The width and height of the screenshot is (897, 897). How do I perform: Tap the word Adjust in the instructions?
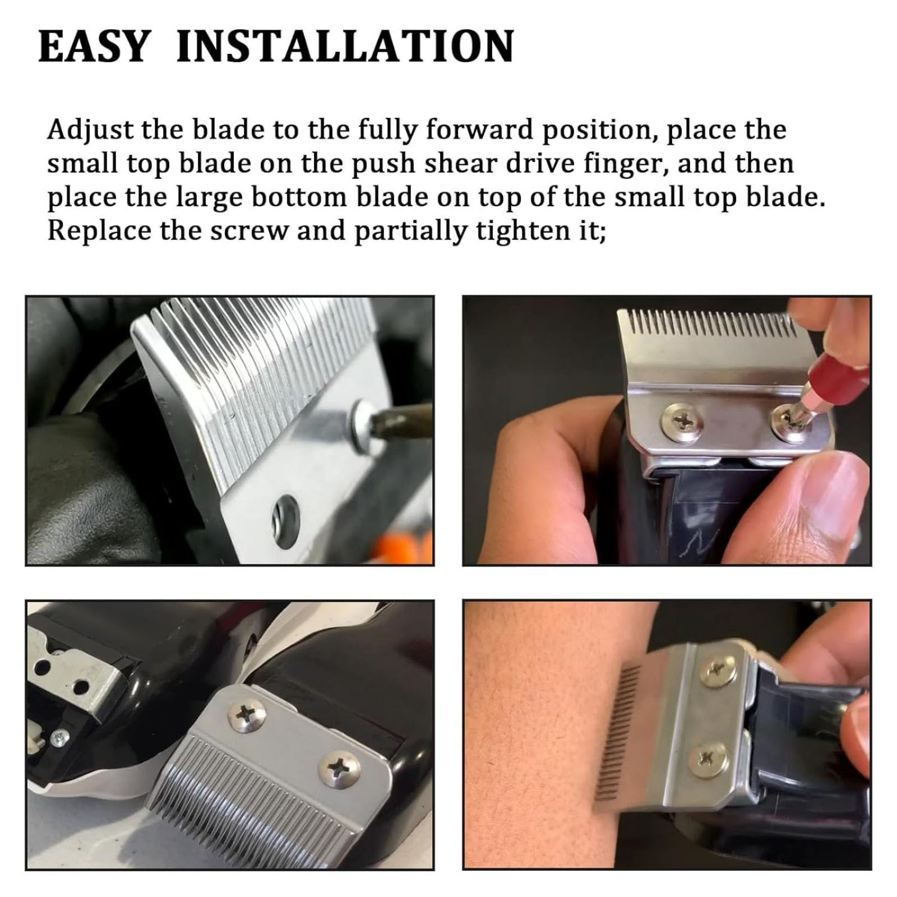coord(90,130)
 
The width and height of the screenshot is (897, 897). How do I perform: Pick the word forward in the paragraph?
coord(475,130)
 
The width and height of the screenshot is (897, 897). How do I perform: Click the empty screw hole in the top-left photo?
coord(285,516)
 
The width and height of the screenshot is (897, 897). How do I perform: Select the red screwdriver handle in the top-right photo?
coord(841,373)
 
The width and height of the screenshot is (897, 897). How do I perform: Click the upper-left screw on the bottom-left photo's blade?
coord(247,715)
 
